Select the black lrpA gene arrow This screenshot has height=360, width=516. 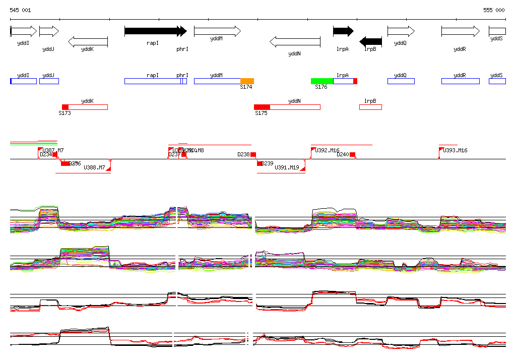point(343,31)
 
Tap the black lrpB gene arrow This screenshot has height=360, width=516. point(371,41)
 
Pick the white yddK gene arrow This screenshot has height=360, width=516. point(88,41)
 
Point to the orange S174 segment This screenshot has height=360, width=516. point(247,81)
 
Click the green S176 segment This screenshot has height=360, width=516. point(322,81)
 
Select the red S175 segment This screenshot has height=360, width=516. point(262,107)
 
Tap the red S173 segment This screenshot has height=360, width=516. point(65,107)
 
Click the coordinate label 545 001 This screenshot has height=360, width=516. point(20,10)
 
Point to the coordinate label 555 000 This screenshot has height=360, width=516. point(494,10)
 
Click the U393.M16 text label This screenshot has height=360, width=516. point(455,150)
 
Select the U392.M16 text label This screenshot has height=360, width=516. point(328,150)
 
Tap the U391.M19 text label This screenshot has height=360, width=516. point(287,167)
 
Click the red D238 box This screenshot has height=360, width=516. point(253,154)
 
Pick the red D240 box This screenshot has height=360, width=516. point(353,154)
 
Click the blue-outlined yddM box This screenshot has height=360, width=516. point(217,81)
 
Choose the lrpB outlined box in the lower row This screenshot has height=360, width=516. point(370,107)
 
